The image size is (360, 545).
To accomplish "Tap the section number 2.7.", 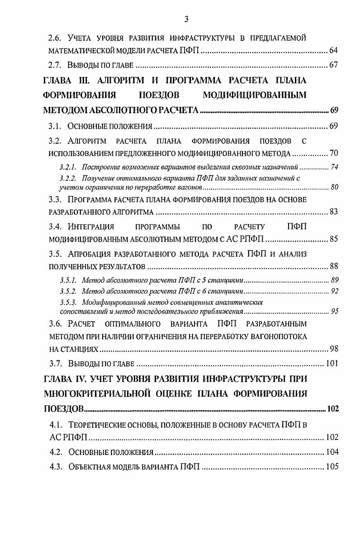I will coord(57,65).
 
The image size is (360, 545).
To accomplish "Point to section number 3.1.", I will coord(57,126).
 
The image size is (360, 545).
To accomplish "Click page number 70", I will coord(334,152).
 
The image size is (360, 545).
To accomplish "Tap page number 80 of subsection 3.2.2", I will coord(335,186).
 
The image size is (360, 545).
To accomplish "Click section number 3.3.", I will coord(57,200).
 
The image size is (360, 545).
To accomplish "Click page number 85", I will coord(334,239).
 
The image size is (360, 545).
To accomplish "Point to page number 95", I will coord(335,311).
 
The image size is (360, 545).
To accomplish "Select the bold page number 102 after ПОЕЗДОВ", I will coord(332,409).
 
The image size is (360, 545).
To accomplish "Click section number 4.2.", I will coord(57,452).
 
